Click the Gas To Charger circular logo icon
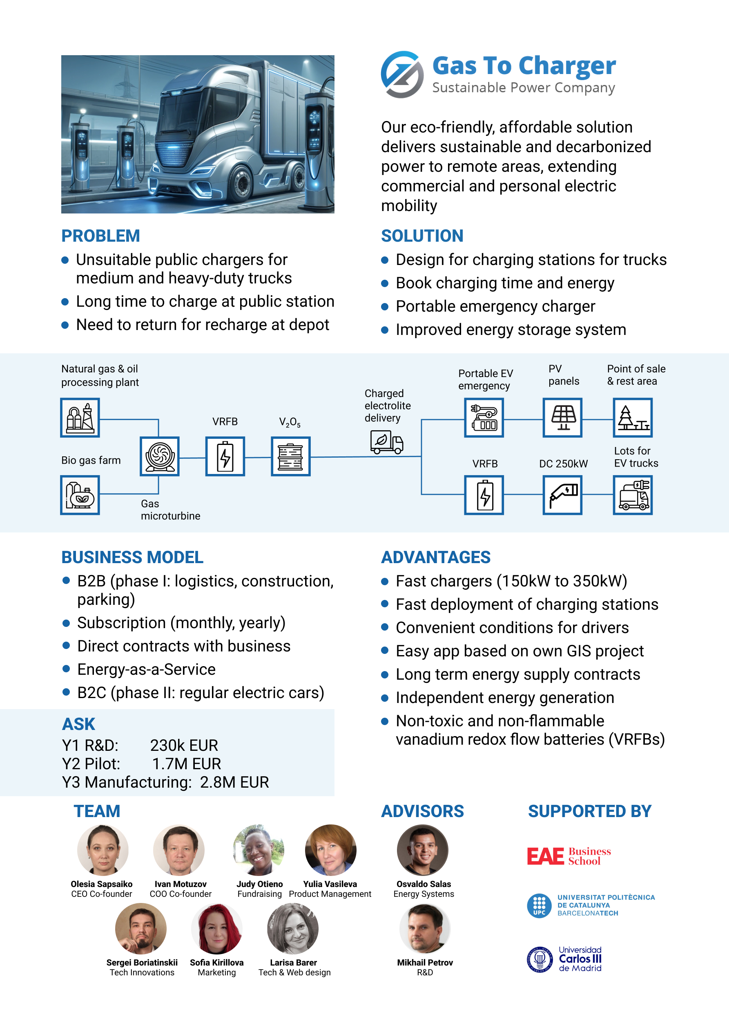(x=402, y=74)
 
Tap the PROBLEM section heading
(x=101, y=236)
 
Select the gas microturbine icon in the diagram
(x=160, y=456)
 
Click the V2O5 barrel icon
(x=291, y=456)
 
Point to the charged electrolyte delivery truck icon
(x=386, y=442)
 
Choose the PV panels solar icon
(x=563, y=418)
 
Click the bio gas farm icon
(x=80, y=495)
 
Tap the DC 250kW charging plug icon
(x=563, y=495)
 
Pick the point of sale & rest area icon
(x=633, y=418)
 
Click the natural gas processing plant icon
(x=80, y=418)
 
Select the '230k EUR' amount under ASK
(x=184, y=746)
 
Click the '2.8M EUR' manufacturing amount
(x=234, y=782)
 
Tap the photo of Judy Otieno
(x=259, y=850)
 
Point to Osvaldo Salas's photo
(x=422, y=850)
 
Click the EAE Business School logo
(x=569, y=856)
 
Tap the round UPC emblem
(x=540, y=906)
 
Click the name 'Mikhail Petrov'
(x=425, y=962)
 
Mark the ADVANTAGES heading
(x=435, y=557)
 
